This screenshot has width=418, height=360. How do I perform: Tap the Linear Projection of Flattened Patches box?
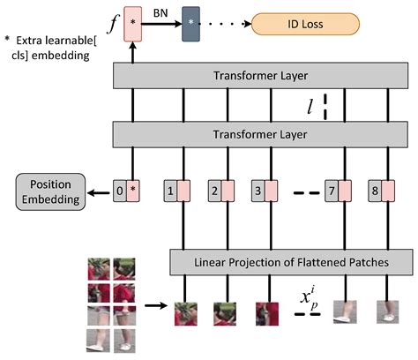point(291,262)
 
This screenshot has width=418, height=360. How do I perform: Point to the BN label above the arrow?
point(162,10)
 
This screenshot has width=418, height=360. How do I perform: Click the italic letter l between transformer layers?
point(309,108)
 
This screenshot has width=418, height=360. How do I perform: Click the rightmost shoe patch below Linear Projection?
point(385,311)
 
